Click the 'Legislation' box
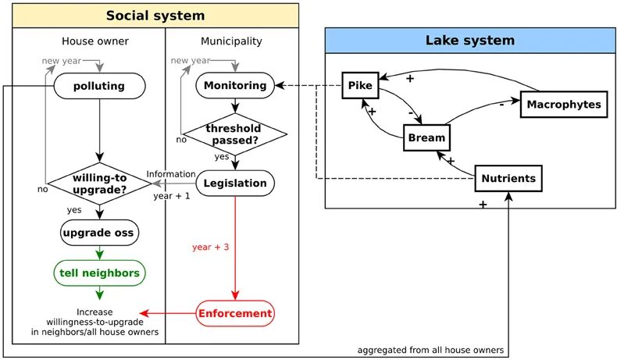(235, 184)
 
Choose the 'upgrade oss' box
(99, 232)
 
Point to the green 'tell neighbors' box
(99, 273)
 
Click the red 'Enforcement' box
(235, 314)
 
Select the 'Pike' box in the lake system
(361, 86)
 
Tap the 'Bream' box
(426, 139)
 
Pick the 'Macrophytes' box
(563, 104)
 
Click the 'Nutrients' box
(508, 179)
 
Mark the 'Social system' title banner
(155, 16)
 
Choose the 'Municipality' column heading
(231, 41)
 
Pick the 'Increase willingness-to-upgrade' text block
(96, 321)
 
